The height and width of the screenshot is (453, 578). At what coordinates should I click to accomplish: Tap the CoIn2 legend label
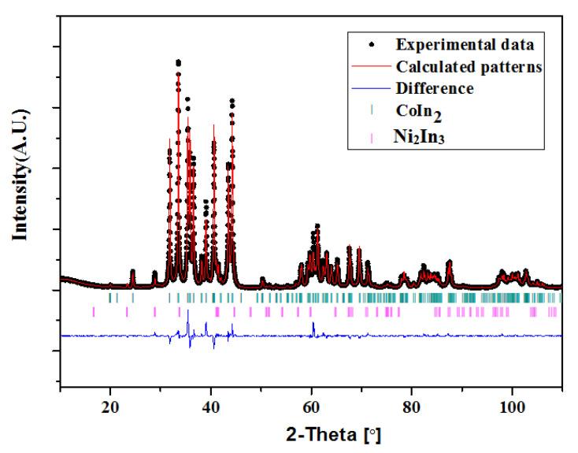(x=418, y=114)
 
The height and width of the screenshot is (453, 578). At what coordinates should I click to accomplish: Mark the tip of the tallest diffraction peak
(x=178, y=61)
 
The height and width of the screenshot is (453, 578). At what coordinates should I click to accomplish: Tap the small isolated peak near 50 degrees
(x=262, y=279)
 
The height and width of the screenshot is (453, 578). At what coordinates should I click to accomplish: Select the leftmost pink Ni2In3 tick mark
(x=93, y=312)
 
